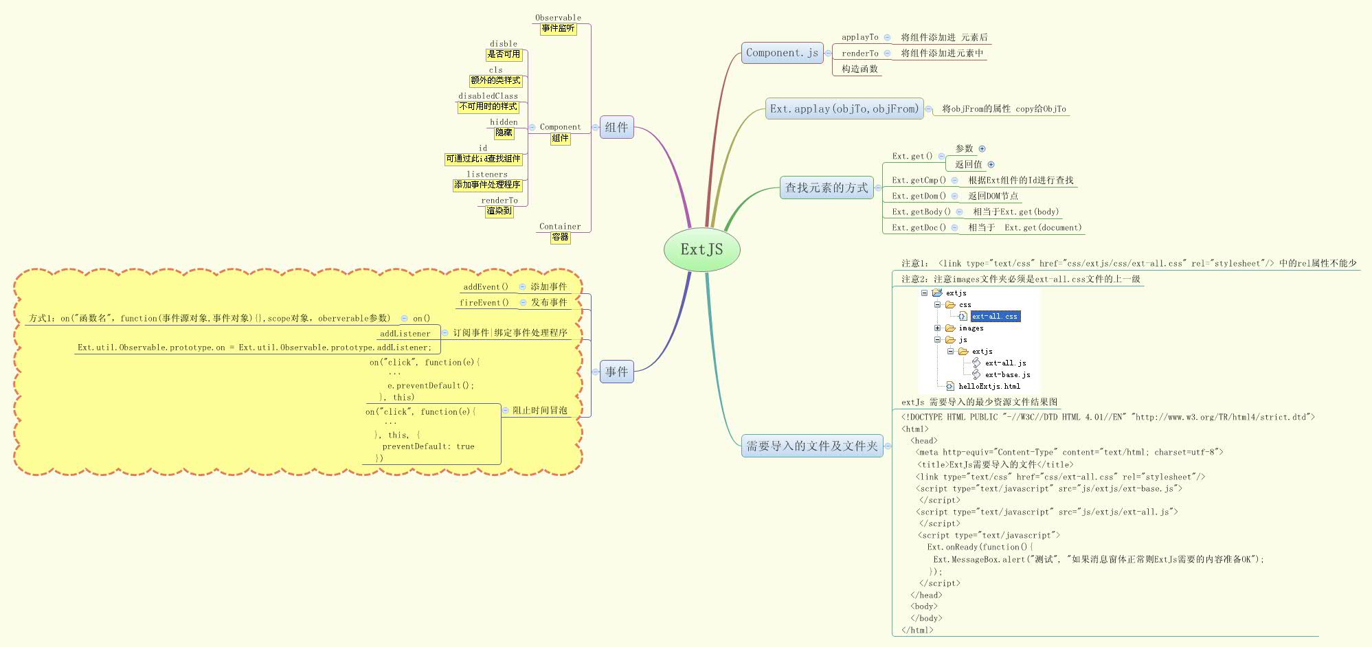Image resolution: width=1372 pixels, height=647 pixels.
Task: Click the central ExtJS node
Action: [x=701, y=249]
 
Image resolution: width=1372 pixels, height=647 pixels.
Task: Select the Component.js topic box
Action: [x=782, y=53]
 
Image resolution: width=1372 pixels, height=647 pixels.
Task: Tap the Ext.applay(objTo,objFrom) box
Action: [x=844, y=109]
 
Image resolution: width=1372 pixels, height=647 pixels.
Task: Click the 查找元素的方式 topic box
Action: [x=826, y=188]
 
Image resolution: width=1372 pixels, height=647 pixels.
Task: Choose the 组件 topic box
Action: [x=616, y=127]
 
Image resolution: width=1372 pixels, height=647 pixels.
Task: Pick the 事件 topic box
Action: [x=616, y=372]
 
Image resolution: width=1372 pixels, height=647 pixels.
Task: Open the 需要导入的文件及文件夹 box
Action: [x=812, y=446]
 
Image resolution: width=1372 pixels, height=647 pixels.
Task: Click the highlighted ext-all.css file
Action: [x=994, y=316]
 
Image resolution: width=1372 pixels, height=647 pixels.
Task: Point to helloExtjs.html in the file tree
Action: [x=989, y=386]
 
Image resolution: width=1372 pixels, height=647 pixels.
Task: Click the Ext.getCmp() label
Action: [x=919, y=180]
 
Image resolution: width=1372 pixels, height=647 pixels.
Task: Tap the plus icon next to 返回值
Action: [x=991, y=164]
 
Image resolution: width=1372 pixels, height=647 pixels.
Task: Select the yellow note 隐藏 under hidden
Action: [x=504, y=133]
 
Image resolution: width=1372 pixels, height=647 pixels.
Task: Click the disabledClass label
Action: [x=488, y=96]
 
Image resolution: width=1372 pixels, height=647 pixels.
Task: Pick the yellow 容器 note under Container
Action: [x=560, y=237]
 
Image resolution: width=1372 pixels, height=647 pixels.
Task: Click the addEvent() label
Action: [x=486, y=287]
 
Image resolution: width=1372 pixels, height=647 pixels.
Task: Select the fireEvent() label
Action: [x=484, y=302]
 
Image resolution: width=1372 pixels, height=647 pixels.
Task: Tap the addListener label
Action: [x=405, y=333]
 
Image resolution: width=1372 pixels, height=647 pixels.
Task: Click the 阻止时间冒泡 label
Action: [x=540, y=410]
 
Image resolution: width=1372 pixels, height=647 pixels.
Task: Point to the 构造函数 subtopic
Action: [x=859, y=69]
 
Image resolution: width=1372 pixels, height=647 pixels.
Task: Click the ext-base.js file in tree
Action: [x=1007, y=374]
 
